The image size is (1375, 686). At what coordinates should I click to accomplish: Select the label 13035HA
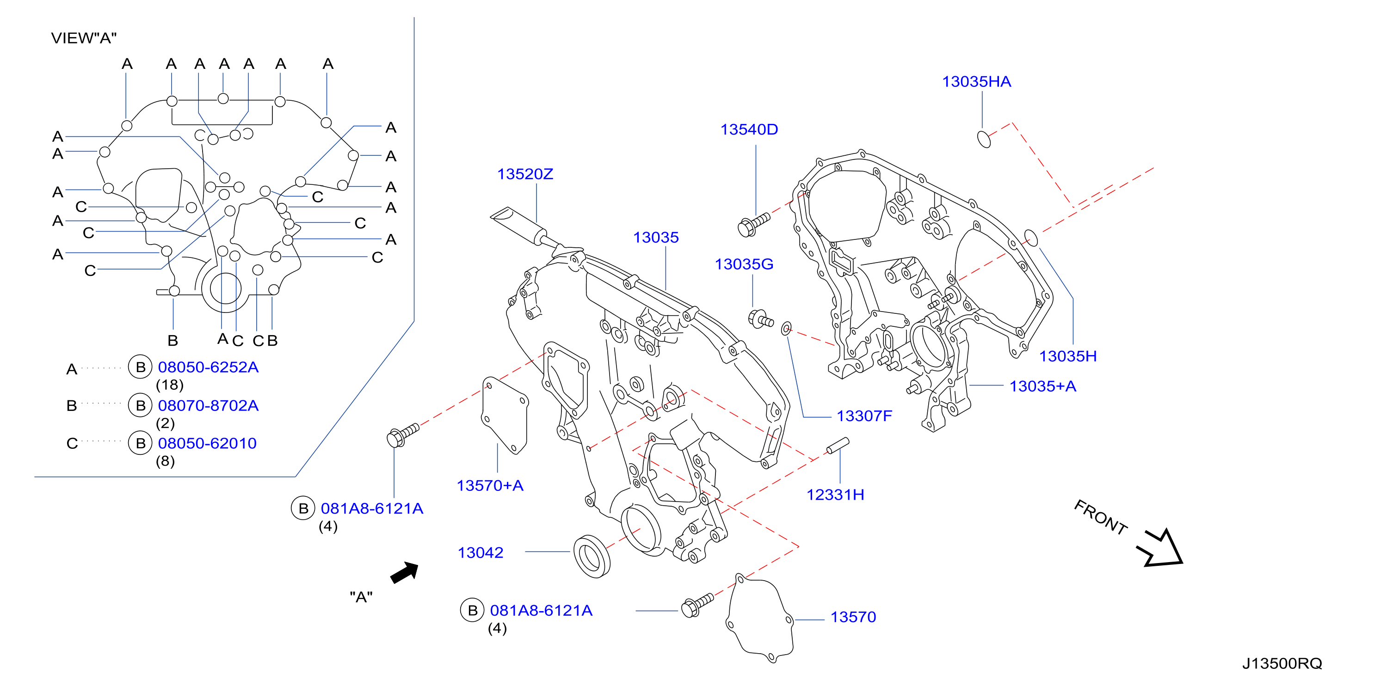pos(976,82)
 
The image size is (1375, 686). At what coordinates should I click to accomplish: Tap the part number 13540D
pos(749,129)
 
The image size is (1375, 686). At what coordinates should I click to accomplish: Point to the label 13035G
pos(744,264)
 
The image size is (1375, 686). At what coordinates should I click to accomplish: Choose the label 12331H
pos(835,495)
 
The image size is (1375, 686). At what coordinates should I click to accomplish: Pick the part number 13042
pos(481,553)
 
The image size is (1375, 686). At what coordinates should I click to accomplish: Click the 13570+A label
pos(489,485)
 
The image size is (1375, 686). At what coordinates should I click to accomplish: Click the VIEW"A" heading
pos(84,38)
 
